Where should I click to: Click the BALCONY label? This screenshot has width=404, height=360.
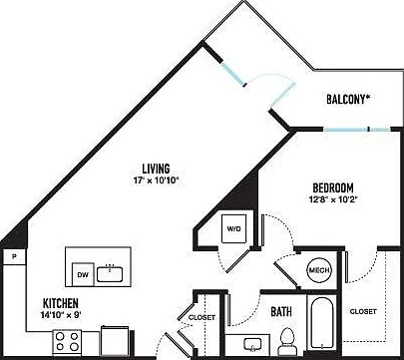[348, 99]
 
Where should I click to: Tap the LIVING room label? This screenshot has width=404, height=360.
[156, 169]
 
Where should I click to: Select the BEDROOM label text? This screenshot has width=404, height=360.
[333, 188]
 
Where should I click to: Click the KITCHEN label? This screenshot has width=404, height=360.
[61, 303]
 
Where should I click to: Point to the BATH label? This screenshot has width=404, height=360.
[281, 312]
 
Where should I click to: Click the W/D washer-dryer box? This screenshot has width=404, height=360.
[234, 228]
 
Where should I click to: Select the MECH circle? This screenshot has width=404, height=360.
[319, 270]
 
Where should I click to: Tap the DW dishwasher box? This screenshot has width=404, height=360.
[83, 274]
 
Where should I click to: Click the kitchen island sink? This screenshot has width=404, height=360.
[110, 273]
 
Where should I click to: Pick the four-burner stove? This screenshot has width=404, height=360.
[67, 342]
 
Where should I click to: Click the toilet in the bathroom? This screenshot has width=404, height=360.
[286, 341]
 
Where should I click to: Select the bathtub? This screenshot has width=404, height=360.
[321, 322]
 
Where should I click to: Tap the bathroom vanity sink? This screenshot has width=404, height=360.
[252, 345]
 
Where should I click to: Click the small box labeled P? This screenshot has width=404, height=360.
[14, 256]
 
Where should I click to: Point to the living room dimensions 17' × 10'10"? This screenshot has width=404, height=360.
[156, 180]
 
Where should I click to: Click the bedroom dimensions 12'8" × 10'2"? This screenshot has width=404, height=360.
[333, 200]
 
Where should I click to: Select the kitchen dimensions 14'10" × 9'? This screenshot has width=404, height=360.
[61, 315]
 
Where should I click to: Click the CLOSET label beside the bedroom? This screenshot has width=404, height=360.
[363, 311]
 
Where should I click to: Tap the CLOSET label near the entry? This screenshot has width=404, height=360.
[202, 317]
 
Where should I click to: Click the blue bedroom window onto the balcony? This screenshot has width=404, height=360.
[357, 130]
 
